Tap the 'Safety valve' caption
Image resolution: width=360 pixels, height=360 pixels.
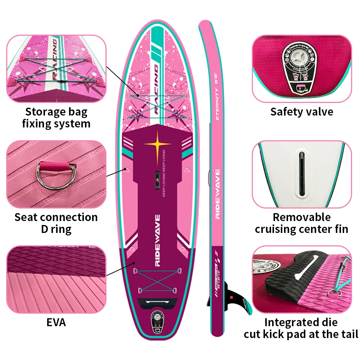302,112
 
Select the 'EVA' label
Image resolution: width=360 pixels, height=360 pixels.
56,322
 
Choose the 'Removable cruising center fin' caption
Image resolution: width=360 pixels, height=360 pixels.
302,223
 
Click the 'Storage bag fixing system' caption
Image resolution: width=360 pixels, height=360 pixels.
56,118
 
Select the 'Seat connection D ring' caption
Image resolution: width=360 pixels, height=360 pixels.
56,223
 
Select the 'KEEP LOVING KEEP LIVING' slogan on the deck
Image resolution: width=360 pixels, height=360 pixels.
164,173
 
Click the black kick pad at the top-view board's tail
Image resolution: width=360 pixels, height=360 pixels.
157,303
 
